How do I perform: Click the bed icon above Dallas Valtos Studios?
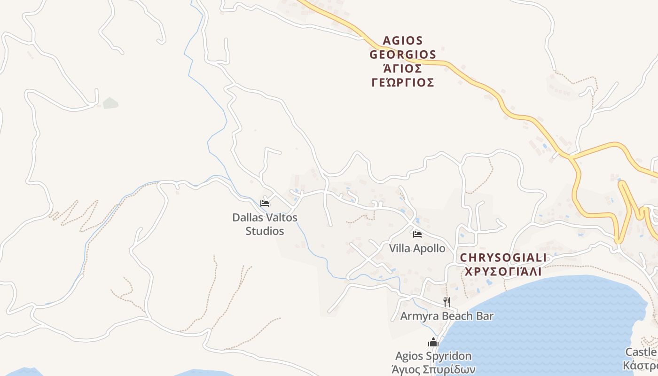[x=265, y=204]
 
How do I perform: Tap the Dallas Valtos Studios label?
[x=265, y=224]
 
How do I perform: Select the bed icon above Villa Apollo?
[x=417, y=234]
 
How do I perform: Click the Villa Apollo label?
[x=417, y=248]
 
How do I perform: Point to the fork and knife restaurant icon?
[x=446, y=302]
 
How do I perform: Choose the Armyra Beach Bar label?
[x=446, y=316]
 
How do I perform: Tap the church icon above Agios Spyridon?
[x=433, y=342]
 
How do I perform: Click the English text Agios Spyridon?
[x=433, y=356]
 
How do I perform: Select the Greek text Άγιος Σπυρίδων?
[x=433, y=368]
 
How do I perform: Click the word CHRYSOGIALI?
[x=503, y=258]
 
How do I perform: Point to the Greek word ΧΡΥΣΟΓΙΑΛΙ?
[x=503, y=272]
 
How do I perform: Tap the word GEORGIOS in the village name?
[x=403, y=55]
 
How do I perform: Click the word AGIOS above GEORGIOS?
[x=403, y=40]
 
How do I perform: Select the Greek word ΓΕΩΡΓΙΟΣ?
[x=403, y=83]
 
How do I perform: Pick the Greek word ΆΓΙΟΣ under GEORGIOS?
[x=403, y=69]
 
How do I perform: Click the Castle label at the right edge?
[x=641, y=352]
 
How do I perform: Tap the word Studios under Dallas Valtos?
[x=265, y=231]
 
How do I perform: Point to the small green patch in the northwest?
[x=110, y=102]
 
